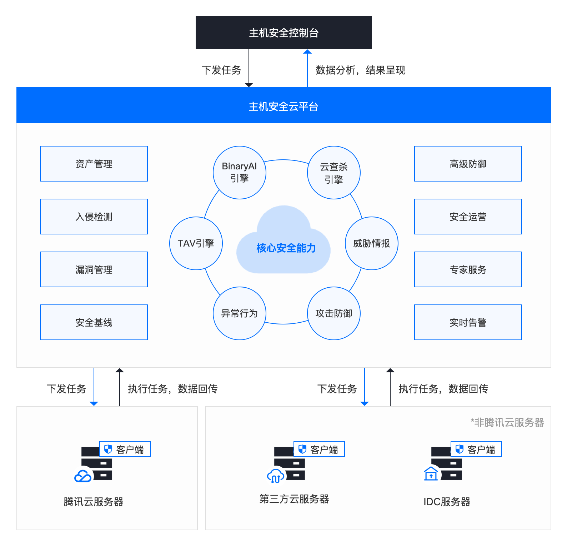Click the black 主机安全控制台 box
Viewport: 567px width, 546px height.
283,33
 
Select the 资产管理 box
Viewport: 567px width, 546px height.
94,164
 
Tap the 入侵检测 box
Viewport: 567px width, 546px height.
94,217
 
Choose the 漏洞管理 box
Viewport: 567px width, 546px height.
94,269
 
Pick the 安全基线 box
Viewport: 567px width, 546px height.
94,322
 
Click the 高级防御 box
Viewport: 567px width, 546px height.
468,164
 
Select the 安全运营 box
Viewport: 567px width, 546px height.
468,217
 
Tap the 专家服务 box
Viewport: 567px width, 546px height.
468,269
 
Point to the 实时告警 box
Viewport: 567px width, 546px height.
468,322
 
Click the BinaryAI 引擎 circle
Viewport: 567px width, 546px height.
239,172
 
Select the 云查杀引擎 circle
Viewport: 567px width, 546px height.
333,172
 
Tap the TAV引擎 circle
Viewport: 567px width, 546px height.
196,243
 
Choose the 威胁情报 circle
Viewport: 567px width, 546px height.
371,243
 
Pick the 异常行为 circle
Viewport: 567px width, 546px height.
239,313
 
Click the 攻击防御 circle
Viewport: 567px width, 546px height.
333,313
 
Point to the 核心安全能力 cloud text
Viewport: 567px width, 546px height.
286,248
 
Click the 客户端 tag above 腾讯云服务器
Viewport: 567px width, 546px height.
125,449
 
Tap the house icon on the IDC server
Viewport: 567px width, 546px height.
431,474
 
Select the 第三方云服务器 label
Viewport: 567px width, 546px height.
294,499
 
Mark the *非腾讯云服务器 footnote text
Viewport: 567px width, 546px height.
507,422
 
